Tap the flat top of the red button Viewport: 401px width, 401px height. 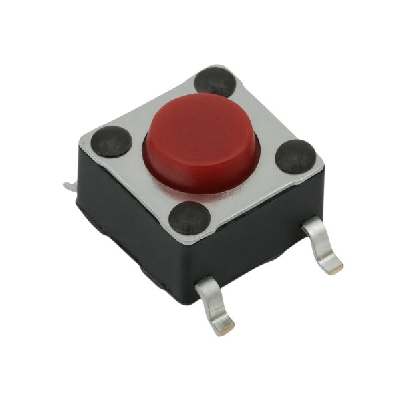200,127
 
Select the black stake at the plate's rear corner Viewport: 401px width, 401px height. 216,82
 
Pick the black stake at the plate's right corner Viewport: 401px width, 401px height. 295,156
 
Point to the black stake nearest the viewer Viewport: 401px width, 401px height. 190,218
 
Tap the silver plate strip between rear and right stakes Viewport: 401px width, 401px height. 264,114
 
